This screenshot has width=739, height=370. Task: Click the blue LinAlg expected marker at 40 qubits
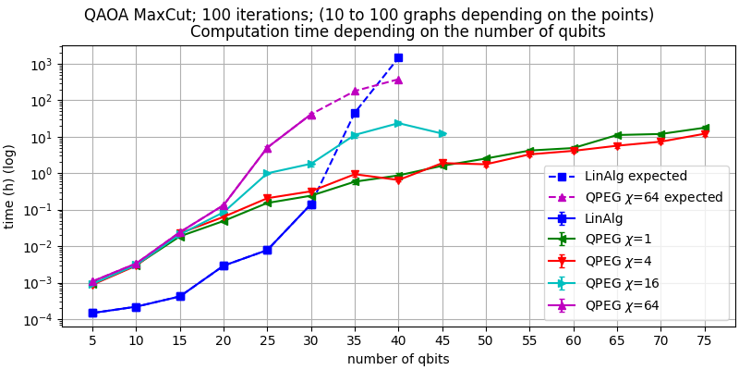398,57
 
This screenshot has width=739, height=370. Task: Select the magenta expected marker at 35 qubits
355,92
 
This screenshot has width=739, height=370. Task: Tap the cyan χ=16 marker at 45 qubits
442,133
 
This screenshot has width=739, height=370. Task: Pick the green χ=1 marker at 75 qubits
705,128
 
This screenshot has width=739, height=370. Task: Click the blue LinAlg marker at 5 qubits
92,313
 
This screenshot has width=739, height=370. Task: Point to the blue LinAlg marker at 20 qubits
224,265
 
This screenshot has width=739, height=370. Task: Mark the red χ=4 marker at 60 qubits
574,150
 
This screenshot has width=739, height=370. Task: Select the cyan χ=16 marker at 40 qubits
398,123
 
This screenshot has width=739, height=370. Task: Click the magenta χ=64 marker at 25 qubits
267,148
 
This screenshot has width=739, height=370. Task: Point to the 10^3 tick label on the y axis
43,65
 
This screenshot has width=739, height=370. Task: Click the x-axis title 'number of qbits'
398,359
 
